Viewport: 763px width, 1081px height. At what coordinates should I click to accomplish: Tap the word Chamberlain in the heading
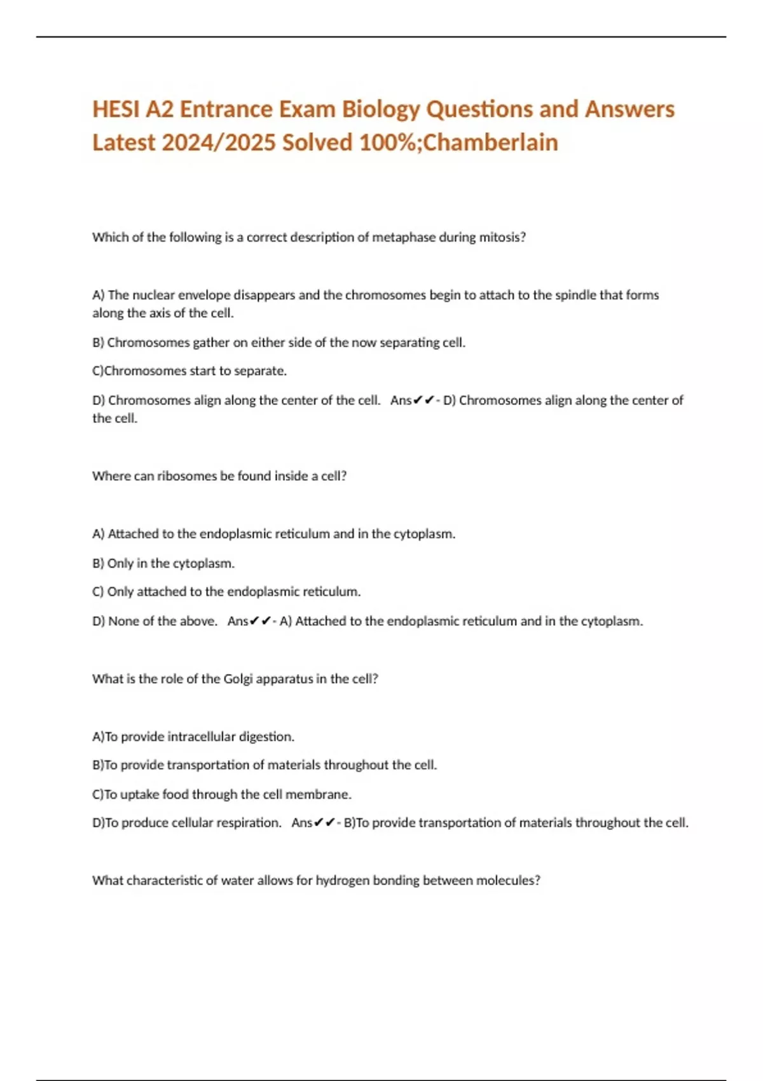490,142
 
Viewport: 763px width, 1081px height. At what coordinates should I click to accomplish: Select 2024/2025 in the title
219,142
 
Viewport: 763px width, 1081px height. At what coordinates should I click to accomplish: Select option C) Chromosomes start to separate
189,371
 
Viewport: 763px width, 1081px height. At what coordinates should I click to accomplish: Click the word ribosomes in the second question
187,476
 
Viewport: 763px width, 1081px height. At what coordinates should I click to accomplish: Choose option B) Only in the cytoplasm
163,563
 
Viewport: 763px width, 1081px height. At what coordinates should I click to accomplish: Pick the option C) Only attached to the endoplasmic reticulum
226,592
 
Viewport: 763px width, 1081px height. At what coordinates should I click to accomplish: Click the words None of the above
162,621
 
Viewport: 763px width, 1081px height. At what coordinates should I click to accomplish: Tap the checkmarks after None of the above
260,621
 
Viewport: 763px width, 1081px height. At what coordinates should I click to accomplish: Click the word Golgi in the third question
238,679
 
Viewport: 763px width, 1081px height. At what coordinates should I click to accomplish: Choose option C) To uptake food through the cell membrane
222,794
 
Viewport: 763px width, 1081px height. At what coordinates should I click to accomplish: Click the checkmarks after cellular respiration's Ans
324,823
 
